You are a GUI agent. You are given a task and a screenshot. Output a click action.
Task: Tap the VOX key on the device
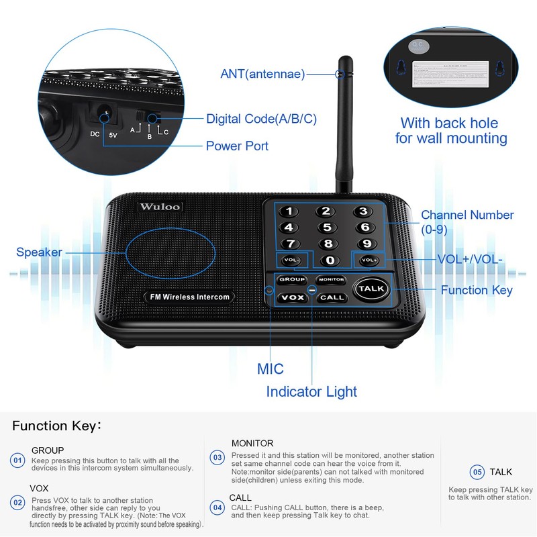pos(292,297)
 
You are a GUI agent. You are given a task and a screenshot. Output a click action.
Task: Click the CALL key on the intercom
pos(331,297)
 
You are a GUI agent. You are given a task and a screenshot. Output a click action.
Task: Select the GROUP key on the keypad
pos(292,279)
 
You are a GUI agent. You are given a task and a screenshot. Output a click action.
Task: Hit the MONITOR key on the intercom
pos(331,279)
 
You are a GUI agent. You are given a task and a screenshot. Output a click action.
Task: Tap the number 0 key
pos(330,260)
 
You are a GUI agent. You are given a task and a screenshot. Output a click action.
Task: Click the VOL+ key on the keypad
pos(369,260)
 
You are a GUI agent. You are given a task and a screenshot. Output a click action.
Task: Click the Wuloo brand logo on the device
pos(159,207)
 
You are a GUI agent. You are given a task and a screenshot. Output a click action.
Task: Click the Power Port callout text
pos(237,146)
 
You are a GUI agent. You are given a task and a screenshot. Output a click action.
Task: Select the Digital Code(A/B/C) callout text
pos(261,119)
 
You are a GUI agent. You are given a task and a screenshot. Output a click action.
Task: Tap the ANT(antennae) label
pos(262,74)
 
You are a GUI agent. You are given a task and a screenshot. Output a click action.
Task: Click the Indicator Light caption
pos(311,391)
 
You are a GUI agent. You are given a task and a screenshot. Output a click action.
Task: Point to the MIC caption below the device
pos(271,369)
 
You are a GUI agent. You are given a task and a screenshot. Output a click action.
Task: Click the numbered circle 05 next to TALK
pos(477,472)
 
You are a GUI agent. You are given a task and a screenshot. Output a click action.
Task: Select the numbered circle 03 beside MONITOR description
pos(217,458)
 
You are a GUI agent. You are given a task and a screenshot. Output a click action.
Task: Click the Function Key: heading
pos(57,426)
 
